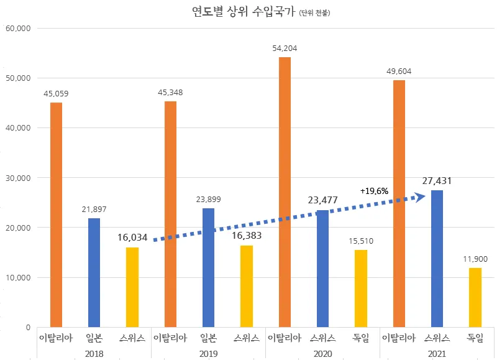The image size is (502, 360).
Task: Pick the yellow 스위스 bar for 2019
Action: click(247, 286)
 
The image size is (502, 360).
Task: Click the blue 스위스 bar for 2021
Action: click(437, 258)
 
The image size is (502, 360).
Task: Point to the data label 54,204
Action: click(285, 48)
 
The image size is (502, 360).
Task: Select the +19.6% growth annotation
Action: click(374, 191)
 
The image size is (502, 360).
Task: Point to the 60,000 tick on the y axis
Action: click(17, 29)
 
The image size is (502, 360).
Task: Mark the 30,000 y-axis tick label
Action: click(17, 178)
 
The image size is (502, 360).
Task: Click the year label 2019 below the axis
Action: click(208, 352)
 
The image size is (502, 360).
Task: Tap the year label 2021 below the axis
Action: click(437, 352)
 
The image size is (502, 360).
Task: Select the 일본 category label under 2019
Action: click(208, 338)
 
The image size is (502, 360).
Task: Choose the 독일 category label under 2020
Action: click(361, 338)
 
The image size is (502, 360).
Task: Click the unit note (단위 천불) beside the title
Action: click(313, 12)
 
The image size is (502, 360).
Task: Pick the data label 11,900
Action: click(475, 258)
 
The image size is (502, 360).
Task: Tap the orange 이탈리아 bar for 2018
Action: click(56, 215)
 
